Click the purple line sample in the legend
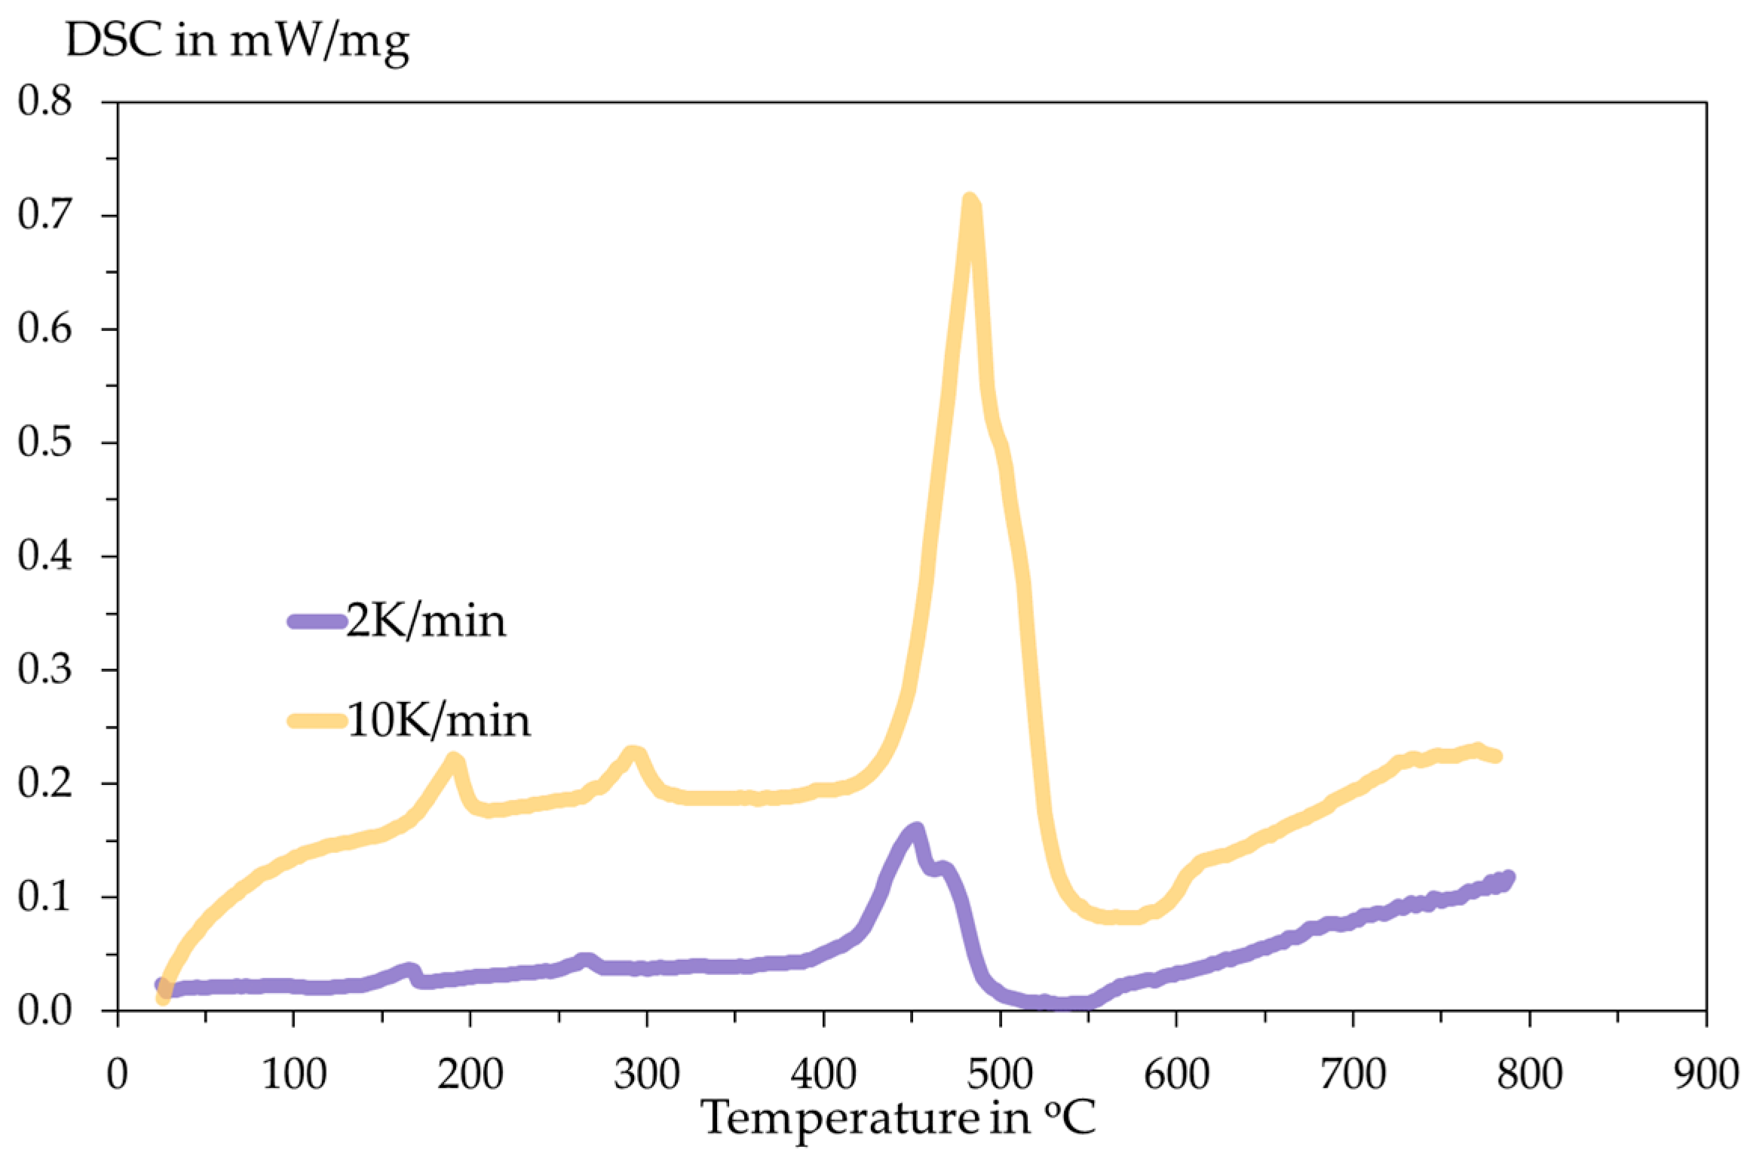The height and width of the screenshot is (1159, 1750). pos(317,621)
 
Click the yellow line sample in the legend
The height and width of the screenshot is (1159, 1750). pos(317,721)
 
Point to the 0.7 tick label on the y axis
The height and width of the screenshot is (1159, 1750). pos(45,215)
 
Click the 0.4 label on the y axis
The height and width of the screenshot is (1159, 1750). pos(45,557)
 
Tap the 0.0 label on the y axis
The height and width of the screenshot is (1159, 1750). pos(45,1011)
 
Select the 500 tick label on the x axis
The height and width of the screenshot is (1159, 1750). pos(1000,1074)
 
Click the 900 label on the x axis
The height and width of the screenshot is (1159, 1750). pos(1706,1074)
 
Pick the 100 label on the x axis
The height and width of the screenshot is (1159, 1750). pos(293,1074)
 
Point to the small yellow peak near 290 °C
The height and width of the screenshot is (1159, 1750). pos(634,753)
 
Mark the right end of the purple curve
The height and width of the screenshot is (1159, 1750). pos(1508,877)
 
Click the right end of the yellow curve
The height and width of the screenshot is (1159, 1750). pos(1497,756)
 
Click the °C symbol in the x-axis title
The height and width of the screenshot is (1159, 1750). pos(1070,1118)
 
